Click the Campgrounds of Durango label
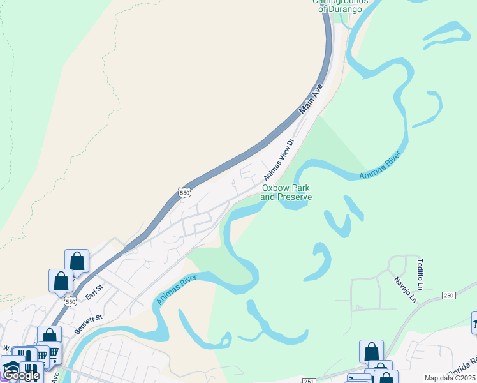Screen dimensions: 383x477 [x=341, y=5]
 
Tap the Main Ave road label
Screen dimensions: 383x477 [x=312, y=99]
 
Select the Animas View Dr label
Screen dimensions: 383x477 [x=278, y=159]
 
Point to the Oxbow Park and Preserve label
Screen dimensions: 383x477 [x=286, y=192]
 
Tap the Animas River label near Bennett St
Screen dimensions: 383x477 [x=177, y=289]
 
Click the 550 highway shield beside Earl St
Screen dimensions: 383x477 [x=70, y=301]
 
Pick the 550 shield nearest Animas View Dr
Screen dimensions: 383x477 [x=184, y=192]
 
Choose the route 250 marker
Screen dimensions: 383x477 [x=449, y=296]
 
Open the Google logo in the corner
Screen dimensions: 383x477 [x=21, y=375]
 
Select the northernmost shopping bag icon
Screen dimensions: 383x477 [x=77, y=260]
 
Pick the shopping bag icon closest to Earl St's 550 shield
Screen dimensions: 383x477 [x=61, y=280]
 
